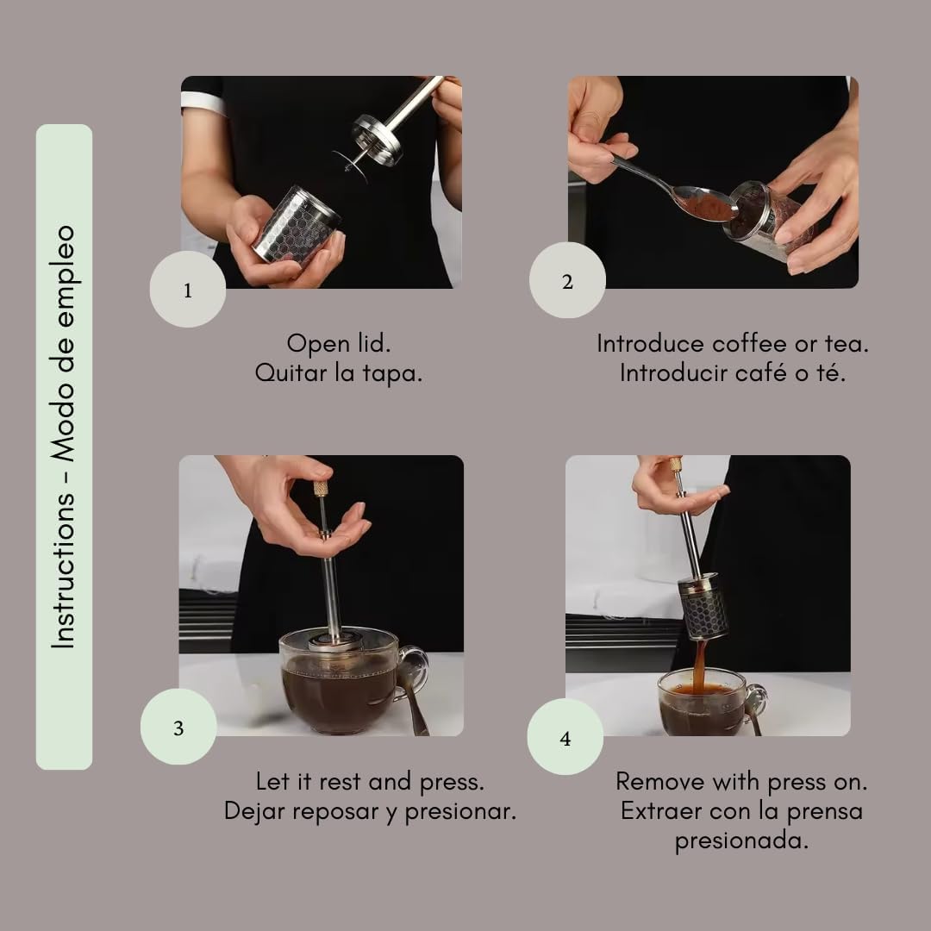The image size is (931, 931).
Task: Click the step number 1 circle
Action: pyautogui.click(x=188, y=290)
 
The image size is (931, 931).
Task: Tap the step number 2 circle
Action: pyautogui.click(x=567, y=280)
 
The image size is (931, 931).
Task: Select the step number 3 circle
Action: pyautogui.click(x=178, y=727)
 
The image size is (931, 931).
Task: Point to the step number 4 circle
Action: pyautogui.click(x=565, y=737)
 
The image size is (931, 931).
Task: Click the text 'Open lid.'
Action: pyautogui.click(x=338, y=343)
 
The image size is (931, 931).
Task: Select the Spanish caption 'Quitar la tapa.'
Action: pyautogui.click(x=338, y=374)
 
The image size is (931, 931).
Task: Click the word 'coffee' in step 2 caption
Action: pyautogui.click(x=748, y=343)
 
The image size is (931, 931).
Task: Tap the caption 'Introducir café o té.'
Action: pyautogui.click(x=733, y=374)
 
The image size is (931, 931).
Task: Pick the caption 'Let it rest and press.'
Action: pyautogui.click(x=370, y=781)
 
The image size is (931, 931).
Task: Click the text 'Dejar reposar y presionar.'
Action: pyautogui.click(x=370, y=811)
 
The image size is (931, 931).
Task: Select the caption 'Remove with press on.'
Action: pyautogui.click(x=741, y=781)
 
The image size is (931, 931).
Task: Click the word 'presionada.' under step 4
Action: pyautogui.click(x=741, y=841)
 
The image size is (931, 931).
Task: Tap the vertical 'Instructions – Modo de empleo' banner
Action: pyautogui.click(x=64, y=447)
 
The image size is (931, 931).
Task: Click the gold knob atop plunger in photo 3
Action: pyautogui.click(x=321, y=489)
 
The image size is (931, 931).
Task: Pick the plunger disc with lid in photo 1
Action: pyautogui.click(x=377, y=141)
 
